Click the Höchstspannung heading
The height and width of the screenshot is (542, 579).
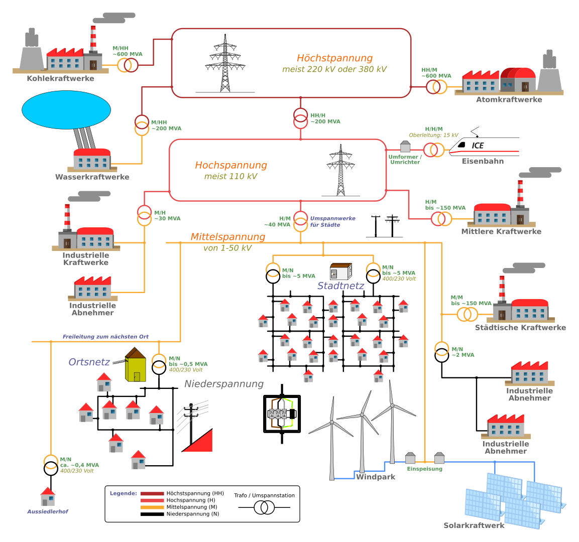(334, 58)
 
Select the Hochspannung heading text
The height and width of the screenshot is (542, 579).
(230, 165)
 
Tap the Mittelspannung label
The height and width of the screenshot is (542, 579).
(227, 237)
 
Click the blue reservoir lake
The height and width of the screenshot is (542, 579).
(66, 110)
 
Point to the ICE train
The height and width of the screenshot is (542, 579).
(484, 146)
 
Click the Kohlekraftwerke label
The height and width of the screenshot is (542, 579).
(60, 78)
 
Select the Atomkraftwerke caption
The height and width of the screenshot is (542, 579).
(509, 99)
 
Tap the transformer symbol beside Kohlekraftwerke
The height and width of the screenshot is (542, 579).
(128, 65)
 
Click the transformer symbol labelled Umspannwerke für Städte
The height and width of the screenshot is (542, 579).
(300, 221)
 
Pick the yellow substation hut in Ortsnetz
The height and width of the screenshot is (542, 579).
(136, 366)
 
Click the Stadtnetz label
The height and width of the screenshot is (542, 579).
(340, 286)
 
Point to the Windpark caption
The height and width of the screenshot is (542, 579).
(376, 477)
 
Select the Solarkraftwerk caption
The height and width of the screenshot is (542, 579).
(474, 525)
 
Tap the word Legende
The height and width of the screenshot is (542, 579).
(123, 493)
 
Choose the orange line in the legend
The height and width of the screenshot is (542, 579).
(152, 507)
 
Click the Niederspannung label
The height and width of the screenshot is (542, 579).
(223, 384)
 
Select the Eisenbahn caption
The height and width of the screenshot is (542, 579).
(483, 161)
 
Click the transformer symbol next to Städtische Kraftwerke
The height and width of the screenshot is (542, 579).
(468, 315)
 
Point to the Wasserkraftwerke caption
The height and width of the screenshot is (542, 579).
(92, 177)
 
